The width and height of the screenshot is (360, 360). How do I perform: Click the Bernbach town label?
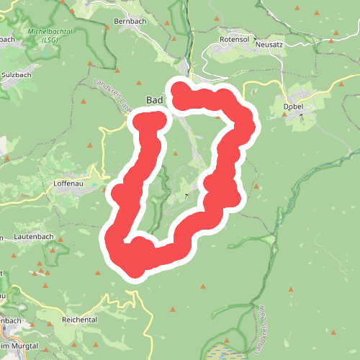tap(130, 22)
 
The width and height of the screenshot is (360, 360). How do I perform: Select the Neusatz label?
tap(270, 44)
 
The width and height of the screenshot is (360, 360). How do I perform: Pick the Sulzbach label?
tap(16, 74)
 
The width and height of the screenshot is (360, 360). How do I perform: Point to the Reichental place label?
tap(80, 319)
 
